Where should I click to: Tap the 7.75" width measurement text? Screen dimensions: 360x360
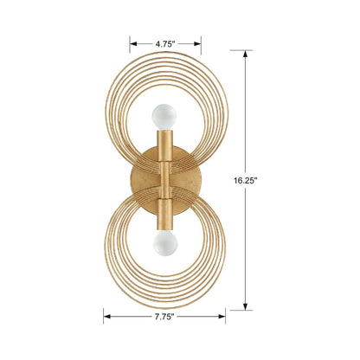tap(166, 317)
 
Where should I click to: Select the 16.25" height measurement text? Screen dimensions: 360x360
tap(270, 181)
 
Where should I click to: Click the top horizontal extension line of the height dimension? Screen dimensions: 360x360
tap(246, 49)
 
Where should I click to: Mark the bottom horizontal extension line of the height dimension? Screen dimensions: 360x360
tap(246, 310)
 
